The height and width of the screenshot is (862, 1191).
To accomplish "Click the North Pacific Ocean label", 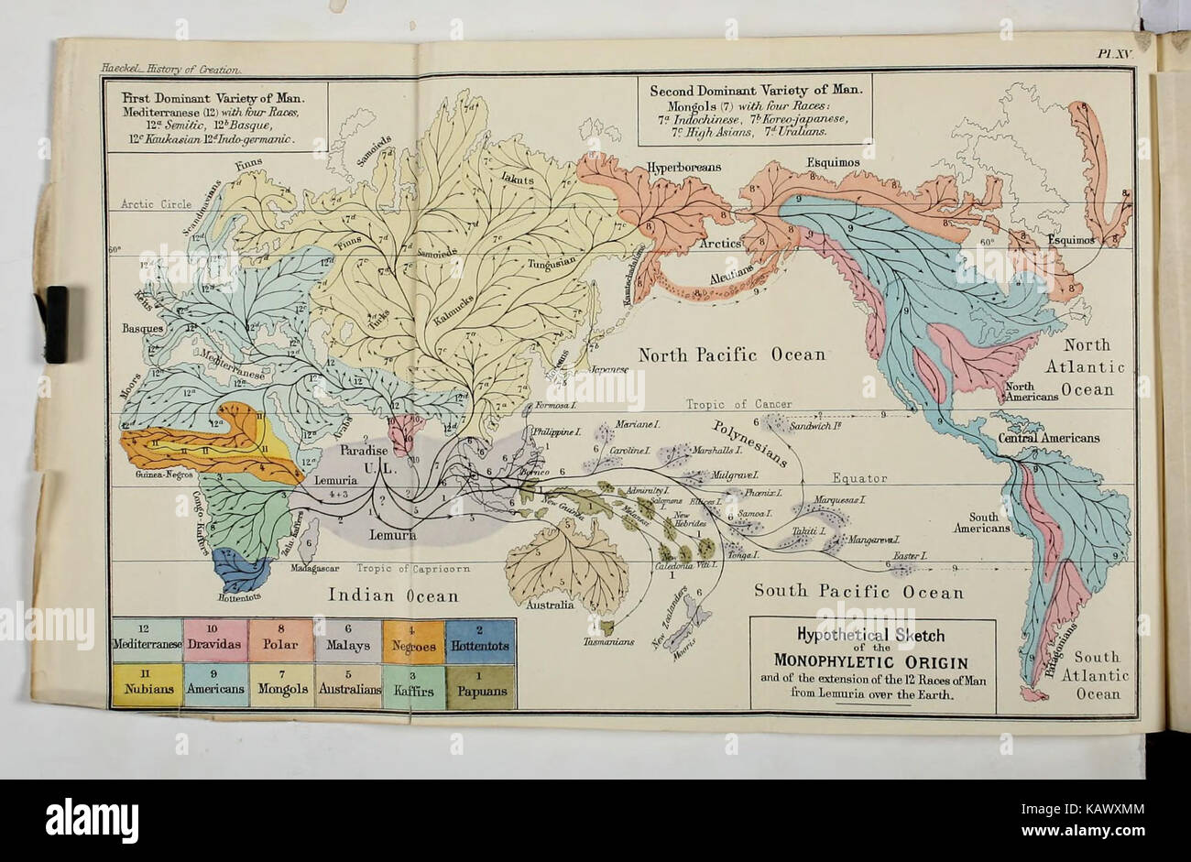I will coord(731,355).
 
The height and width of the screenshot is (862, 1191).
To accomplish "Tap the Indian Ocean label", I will coord(393,596).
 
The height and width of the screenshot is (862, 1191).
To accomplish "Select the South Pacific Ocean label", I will coord(858,593).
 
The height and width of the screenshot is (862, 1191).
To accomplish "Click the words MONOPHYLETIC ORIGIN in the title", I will coord(872,661).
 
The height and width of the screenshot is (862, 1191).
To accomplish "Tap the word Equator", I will coord(860,478).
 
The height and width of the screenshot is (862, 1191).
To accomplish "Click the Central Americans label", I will coord(1049,438).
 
